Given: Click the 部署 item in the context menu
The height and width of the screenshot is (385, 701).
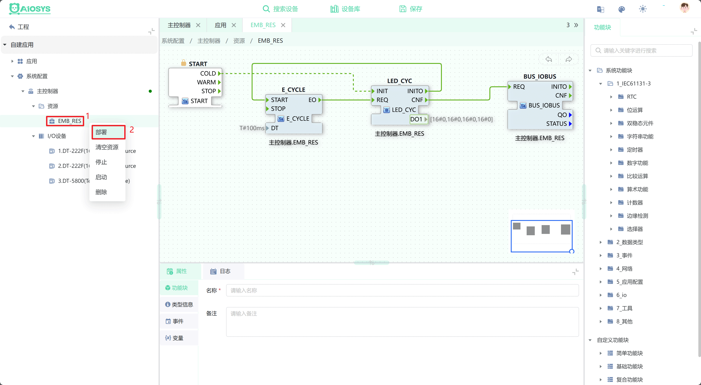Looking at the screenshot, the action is [101, 132].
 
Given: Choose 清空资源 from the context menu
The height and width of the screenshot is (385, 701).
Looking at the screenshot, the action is [107, 147].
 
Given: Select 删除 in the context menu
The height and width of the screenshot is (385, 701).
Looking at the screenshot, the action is [101, 192].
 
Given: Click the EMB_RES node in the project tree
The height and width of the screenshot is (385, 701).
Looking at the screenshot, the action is [69, 121].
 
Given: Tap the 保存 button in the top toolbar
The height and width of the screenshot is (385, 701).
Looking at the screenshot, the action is [411, 9].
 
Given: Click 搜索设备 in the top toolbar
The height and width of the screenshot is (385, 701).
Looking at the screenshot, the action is [280, 9].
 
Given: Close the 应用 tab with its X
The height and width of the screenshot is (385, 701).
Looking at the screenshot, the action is [234, 25].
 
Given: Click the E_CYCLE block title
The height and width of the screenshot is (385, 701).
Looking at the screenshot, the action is [293, 90].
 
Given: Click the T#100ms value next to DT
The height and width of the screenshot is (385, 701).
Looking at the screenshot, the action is [252, 128].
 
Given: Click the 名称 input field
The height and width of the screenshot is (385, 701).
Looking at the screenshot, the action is [402, 291].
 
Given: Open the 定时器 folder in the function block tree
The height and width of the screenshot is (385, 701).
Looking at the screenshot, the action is [635, 150].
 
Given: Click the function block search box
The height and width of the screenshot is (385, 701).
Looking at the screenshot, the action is [641, 51].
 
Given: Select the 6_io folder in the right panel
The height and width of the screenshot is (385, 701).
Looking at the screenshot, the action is [621, 295].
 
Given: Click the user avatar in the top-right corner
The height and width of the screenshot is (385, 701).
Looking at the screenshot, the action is [684, 8].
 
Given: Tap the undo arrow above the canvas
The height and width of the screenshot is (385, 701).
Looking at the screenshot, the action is [549, 59].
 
